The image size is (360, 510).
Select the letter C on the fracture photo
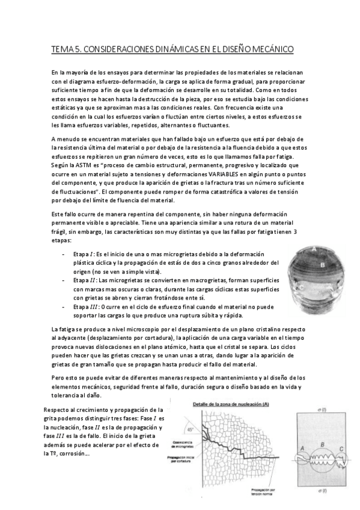coord(302,288)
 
